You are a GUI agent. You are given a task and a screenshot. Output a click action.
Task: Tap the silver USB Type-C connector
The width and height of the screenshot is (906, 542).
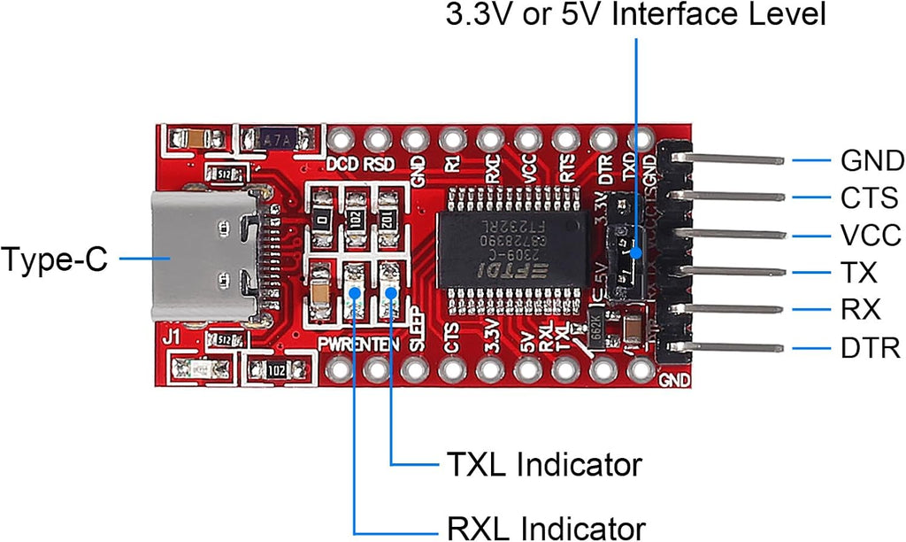(204, 257)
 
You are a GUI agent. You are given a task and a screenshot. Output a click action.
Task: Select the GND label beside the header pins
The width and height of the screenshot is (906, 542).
(871, 160)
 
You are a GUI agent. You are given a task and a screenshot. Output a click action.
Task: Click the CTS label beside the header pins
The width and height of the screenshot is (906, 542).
(870, 197)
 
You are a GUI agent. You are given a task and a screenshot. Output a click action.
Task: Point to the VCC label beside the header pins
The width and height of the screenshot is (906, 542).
(871, 236)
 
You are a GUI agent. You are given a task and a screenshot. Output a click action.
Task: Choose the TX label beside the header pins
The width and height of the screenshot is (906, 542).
(859, 273)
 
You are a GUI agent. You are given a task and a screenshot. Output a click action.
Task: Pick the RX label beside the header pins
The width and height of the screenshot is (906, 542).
(860, 310)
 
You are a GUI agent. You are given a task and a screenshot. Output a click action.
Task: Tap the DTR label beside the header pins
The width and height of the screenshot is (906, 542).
(871, 347)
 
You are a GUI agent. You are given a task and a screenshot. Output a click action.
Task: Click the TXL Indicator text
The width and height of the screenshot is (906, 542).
(543, 463)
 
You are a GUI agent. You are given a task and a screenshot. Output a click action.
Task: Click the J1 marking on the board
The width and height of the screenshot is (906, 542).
(173, 337)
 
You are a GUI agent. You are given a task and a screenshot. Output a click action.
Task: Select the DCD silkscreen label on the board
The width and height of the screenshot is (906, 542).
(342, 165)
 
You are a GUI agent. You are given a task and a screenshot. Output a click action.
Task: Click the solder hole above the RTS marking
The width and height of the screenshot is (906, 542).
(564, 139)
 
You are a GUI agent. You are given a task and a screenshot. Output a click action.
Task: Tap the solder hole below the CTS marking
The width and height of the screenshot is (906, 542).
(452, 368)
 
